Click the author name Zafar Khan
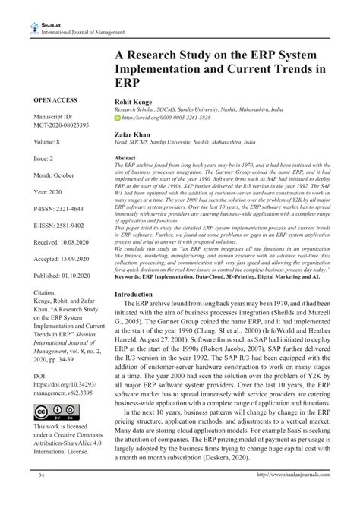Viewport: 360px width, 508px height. pos(132,132)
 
